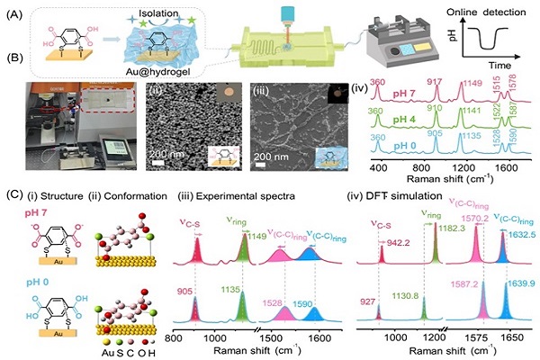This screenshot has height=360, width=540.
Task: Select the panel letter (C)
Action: click(12, 193)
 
